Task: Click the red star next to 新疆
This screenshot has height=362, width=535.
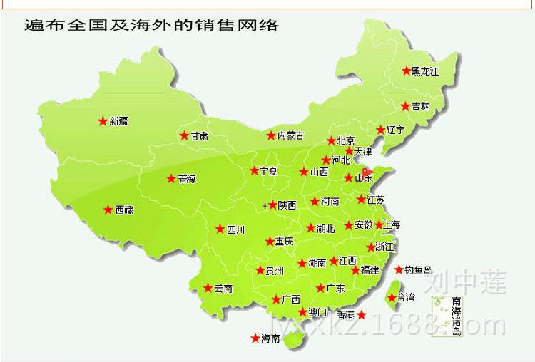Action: pos(103,121)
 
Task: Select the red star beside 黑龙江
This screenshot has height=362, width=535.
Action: pos(406,71)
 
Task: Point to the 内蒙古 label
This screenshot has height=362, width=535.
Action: pos(290,135)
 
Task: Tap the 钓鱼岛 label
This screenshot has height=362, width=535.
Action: pos(419,269)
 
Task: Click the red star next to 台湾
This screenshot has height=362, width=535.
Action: pos(390,297)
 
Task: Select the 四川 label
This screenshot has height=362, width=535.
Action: pos(235,229)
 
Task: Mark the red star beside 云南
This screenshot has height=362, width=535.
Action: pos(208,289)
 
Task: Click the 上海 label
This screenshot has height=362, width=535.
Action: pos(392,225)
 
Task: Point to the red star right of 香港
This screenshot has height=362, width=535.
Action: pos(362,314)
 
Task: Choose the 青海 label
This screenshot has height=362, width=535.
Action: pos(187,179)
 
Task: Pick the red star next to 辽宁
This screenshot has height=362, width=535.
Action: pos(381,130)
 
